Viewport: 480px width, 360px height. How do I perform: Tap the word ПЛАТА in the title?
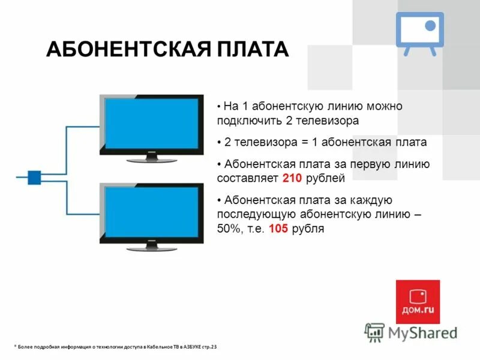pyautogui.click(x=255, y=49)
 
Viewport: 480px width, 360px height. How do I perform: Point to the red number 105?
pyautogui.click(x=278, y=228)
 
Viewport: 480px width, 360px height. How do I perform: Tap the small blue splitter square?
pyautogui.click(x=34, y=176)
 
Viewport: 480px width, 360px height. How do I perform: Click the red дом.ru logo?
pyautogui.click(x=418, y=302)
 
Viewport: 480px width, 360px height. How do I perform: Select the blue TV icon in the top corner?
pyautogui.click(x=419, y=32)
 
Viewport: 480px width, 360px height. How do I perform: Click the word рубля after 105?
pyautogui.click(x=307, y=228)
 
